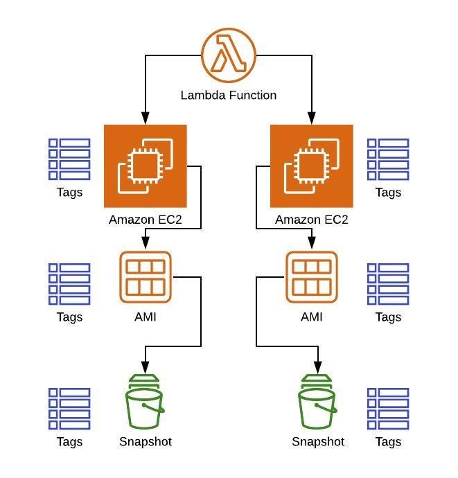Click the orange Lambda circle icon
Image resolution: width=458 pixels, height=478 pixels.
229,55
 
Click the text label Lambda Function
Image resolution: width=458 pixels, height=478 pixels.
229,95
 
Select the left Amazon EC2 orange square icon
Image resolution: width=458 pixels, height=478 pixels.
146,166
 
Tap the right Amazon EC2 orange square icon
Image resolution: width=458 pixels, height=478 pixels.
312,166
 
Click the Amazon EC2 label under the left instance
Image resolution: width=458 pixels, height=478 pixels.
146,220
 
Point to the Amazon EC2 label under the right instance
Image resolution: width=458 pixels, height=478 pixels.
312,220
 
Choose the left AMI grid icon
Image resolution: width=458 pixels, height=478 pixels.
146,277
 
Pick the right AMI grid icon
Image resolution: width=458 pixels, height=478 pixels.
312,277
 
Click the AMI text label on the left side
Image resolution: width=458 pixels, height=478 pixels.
146,317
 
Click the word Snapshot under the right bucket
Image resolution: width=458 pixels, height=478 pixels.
318,442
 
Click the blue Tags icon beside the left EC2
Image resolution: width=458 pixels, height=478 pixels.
69,159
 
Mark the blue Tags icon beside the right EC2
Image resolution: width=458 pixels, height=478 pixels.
388,159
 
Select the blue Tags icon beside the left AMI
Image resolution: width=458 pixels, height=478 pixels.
69,284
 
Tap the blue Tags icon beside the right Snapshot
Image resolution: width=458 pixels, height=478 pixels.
388,409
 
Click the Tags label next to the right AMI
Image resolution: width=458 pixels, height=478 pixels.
388,317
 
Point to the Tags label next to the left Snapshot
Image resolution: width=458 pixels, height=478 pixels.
69,442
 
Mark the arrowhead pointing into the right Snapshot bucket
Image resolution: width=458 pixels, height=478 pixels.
318,368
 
